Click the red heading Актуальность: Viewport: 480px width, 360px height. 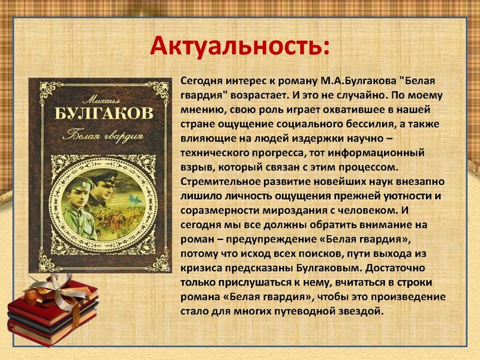pos(239,44)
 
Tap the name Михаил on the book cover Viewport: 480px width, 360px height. pos(93,97)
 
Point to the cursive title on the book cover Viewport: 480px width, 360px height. pos(95,133)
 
